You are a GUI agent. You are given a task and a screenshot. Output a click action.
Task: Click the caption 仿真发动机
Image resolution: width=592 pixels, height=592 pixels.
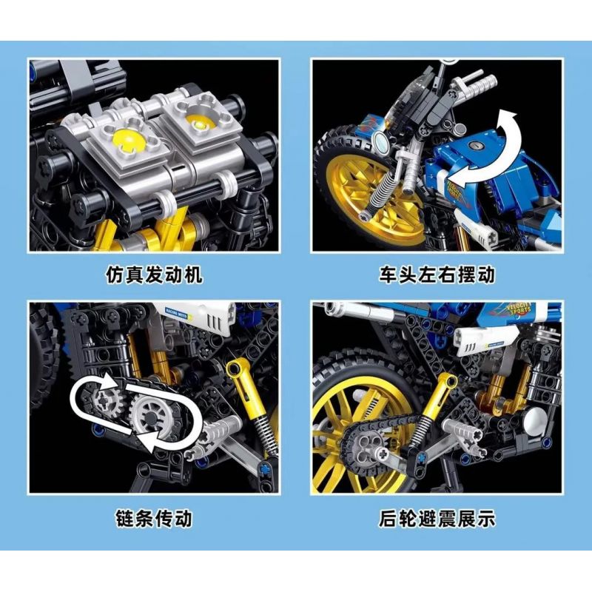153,275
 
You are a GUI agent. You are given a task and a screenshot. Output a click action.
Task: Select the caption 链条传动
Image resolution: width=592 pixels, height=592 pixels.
153,517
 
